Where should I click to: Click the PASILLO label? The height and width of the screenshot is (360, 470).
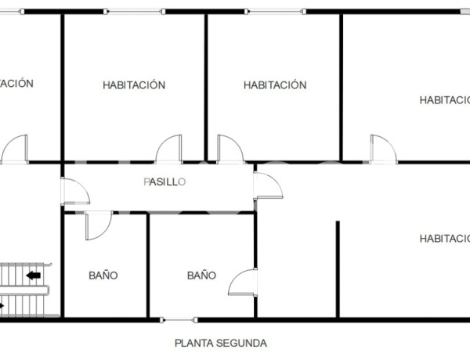(x=164, y=182)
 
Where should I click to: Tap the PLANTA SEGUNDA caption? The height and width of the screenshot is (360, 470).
(x=221, y=343)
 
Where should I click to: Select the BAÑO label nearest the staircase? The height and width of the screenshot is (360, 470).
(x=103, y=275)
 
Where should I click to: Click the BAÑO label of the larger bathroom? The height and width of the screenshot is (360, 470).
(x=201, y=275)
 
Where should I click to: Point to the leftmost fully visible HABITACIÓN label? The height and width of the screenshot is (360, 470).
(x=134, y=85)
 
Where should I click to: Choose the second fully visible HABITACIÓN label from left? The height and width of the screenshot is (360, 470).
(x=274, y=85)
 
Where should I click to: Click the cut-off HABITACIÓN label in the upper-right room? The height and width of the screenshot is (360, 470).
(x=444, y=99)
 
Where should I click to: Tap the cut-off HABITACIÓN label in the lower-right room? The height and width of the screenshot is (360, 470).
(x=444, y=239)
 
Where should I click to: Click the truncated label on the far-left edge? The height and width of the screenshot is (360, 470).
(x=16, y=83)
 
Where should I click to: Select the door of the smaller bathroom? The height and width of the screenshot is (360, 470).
(x=97, y=225)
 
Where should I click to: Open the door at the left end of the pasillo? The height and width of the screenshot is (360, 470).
(x=74, y=191)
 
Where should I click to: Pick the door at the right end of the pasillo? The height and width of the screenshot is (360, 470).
(x=269, y=185)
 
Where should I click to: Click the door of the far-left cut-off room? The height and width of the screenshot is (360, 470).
(x=16, y=149)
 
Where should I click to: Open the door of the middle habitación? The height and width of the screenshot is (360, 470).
(x=230, y=149)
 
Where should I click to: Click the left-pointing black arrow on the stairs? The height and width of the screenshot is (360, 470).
(x=34, y=275)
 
